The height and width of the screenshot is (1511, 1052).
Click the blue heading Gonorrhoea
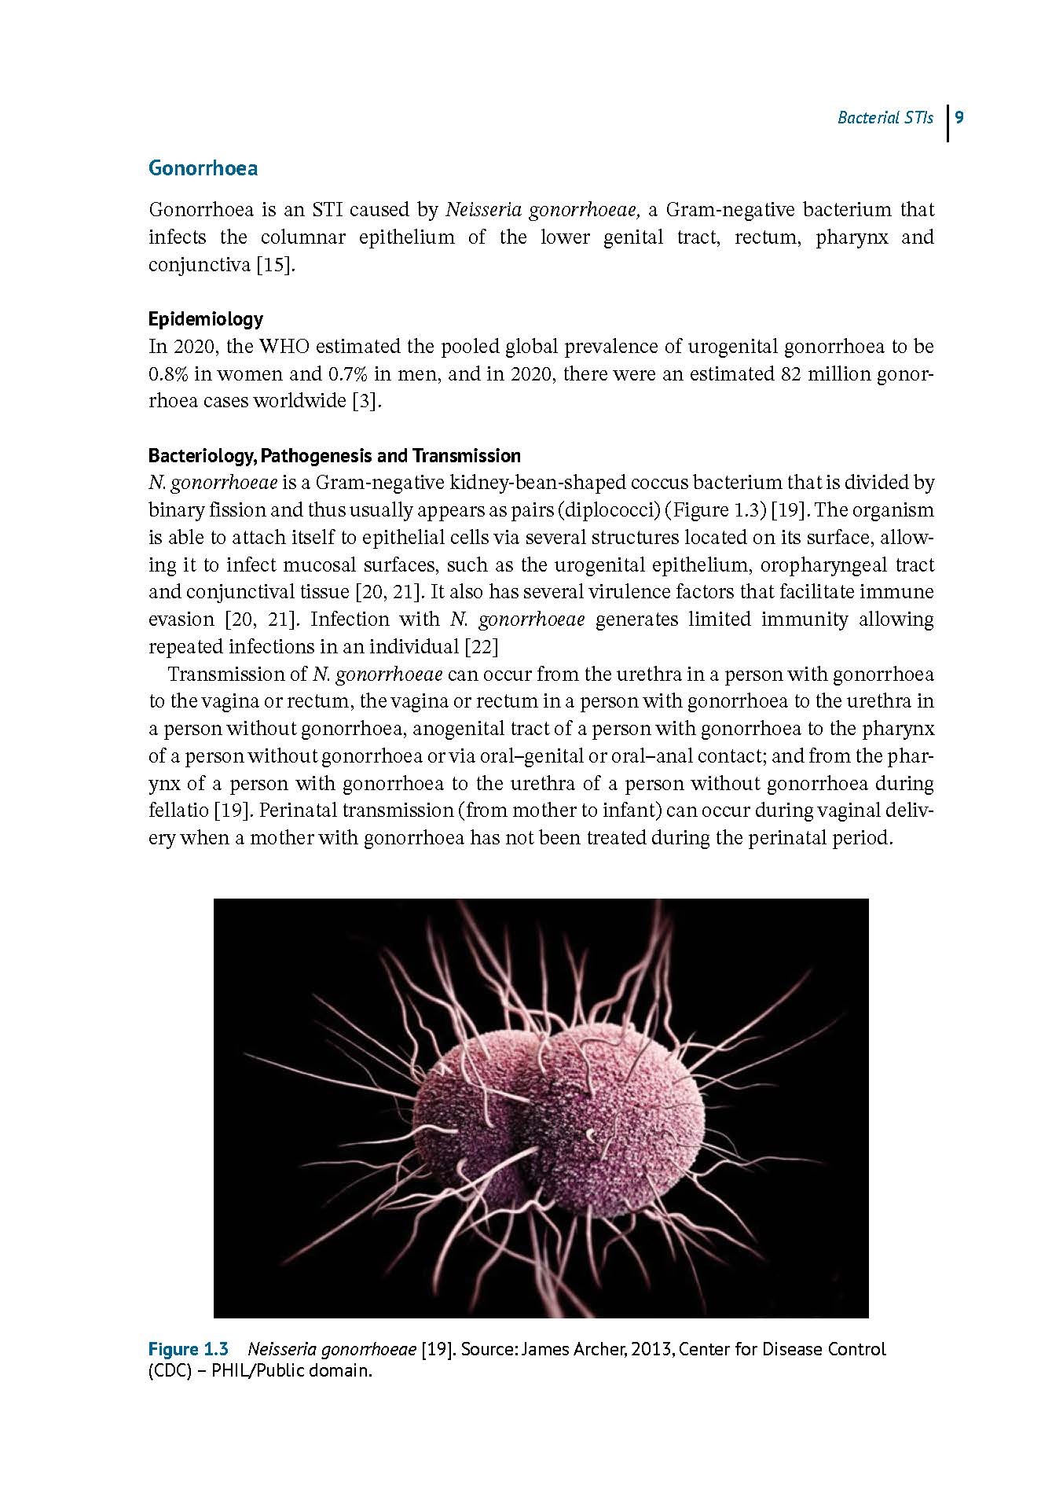203,168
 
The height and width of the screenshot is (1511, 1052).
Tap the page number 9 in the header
959,118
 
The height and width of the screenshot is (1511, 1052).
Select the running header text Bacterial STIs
885,118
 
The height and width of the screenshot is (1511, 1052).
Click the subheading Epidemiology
206,319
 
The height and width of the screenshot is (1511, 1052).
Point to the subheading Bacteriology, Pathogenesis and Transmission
335,456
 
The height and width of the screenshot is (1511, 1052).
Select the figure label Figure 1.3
189,1350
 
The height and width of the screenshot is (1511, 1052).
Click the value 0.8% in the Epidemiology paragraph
168,374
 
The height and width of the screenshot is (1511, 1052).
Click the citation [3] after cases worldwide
366,401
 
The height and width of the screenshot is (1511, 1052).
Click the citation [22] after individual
482,647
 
